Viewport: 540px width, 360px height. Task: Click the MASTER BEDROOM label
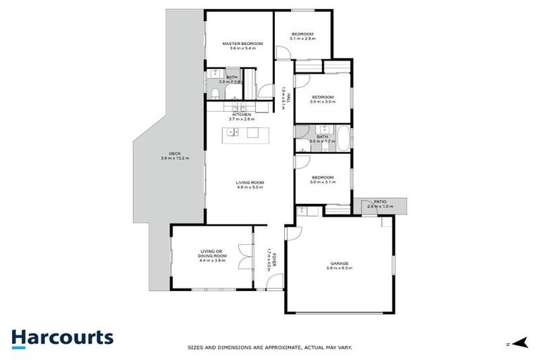(242, 44)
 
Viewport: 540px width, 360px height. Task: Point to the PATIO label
(380, 202)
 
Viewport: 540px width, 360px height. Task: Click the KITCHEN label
(232, 115)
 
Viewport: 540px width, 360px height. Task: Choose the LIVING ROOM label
(249, 183)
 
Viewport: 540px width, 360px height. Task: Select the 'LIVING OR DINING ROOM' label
(209, 252)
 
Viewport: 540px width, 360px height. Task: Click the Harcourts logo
(62, 337)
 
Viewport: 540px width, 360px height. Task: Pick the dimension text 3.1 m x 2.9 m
(302, 39)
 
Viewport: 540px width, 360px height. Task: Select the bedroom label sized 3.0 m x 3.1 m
(322, 178)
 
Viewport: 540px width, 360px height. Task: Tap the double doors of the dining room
(245, 257)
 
